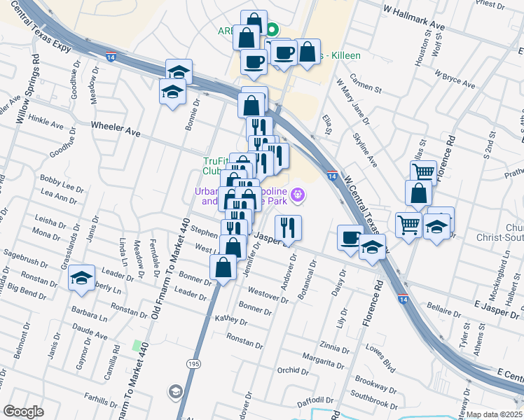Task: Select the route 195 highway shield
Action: (x=192, y=364)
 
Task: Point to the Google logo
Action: (x=23, y=412)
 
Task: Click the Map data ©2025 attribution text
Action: (x=495, y=414)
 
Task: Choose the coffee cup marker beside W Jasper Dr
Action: (x=350, y=238)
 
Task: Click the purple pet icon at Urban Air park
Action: (x=298, y=195)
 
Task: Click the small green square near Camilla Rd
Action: (x=137, y=345)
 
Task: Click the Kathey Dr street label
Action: (x=231, y=321)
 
